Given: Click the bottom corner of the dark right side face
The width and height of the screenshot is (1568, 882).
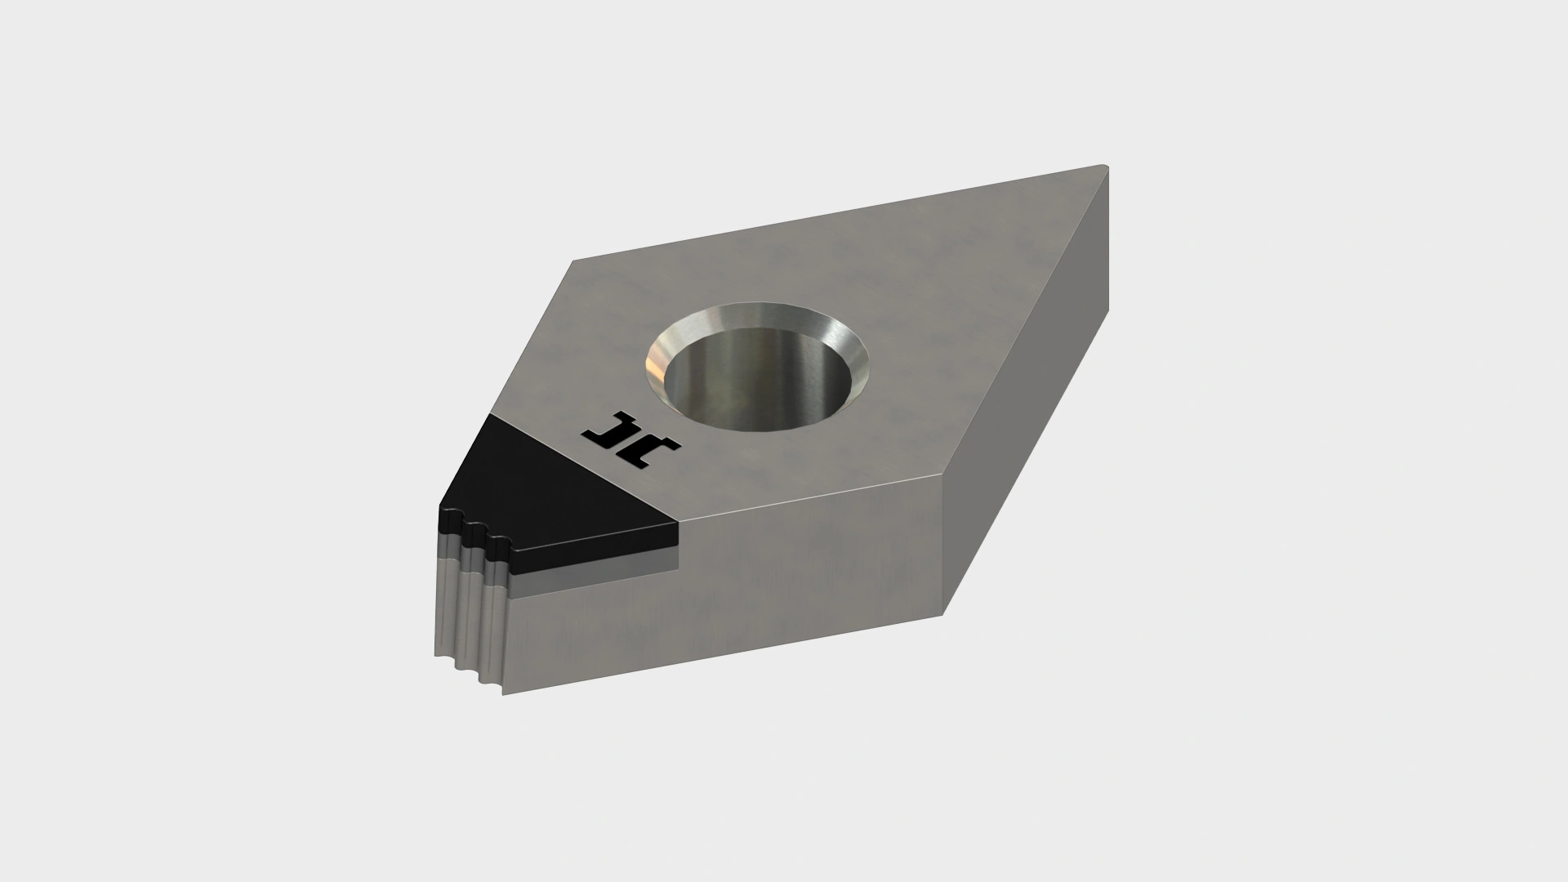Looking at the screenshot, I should coord(945,614).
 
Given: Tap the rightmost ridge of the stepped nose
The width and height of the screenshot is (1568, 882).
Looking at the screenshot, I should coord(498,621).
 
